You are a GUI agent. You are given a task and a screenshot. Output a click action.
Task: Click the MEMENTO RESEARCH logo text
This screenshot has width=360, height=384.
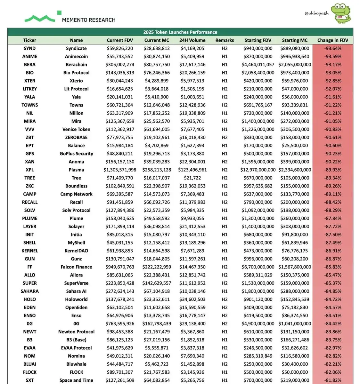point(89,20)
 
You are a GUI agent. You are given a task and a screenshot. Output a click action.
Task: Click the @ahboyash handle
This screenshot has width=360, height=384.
point(316,13)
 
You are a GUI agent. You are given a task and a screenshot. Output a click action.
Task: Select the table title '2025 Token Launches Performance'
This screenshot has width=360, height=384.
point(180,32)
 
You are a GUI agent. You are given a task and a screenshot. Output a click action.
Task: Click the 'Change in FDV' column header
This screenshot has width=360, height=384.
point(332,40)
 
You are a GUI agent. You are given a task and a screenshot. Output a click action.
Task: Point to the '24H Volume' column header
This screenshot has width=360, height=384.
point(192,40)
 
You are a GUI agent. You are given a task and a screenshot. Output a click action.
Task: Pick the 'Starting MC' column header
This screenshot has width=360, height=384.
point(295,40)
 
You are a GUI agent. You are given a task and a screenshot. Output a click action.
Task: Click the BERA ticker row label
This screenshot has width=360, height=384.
point(30,65)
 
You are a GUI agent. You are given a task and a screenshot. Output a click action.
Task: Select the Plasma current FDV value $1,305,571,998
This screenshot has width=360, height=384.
point(120,170)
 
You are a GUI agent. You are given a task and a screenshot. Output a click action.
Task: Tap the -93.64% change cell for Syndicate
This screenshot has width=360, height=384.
point(332,48)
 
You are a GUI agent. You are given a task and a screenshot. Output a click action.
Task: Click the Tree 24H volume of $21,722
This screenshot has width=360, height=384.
point(192,178)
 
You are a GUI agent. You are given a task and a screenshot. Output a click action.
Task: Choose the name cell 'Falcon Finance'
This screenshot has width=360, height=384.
point(76,267)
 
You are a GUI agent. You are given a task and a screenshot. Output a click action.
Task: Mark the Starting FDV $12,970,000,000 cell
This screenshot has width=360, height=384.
point(258,170)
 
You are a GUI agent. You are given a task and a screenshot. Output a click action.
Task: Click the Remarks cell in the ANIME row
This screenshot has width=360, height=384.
point(225,57)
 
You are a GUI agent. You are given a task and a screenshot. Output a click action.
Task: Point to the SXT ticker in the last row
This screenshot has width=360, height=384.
point(30,380)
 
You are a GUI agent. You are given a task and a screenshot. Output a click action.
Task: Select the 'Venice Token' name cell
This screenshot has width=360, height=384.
point(76,129)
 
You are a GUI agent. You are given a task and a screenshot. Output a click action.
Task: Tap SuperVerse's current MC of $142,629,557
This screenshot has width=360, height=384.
point(157,283)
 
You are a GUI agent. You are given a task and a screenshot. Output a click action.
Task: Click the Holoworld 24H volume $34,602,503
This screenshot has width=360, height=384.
point(192,299)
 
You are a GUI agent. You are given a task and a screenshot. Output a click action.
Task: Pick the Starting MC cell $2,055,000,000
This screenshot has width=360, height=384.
point(295,65)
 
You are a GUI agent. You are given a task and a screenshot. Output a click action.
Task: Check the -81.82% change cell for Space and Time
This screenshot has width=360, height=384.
point(332,380)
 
